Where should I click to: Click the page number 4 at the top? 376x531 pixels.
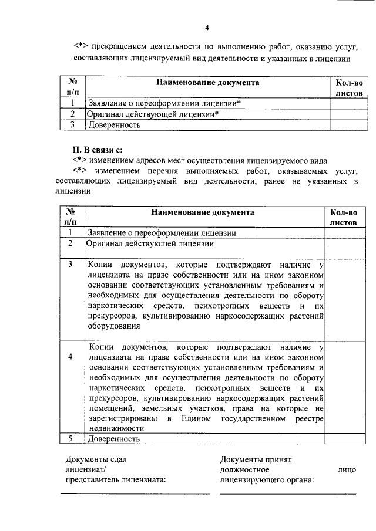[x=207, y=28]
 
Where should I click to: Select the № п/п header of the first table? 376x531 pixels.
[x=74, y=87]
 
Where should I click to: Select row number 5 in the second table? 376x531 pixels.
[x=70, y=438]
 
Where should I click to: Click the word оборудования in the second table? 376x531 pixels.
[x=114, y=328]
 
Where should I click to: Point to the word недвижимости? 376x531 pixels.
[x=116, y=428]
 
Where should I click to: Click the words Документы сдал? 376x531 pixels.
[x=96, y=459]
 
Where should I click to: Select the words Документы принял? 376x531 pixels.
[x=256, y=459]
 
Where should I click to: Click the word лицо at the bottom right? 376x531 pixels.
[x=347, y=469]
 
